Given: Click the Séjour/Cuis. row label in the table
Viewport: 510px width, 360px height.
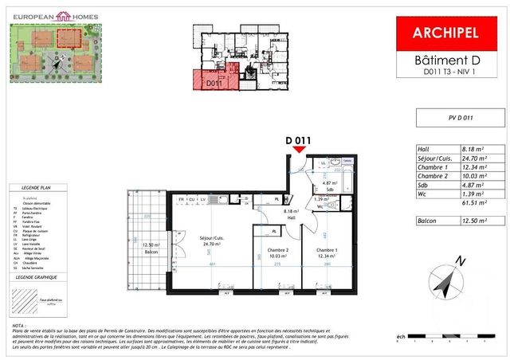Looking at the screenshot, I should click(x=435, y=159).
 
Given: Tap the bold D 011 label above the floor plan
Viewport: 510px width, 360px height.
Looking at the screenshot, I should click(x=297, y=140).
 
